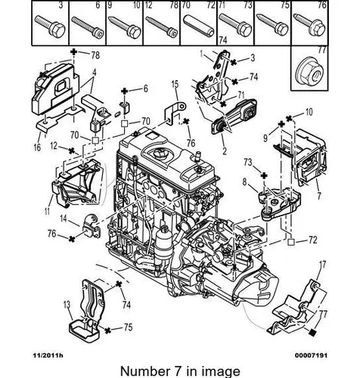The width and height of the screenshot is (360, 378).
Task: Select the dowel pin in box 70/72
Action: (x=199, y=26)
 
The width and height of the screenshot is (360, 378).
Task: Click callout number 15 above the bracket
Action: (x=175, y=83)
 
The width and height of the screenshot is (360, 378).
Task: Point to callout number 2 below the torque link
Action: (x=225, y=150)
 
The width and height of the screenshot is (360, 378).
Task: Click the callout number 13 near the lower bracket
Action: (x=67, y=305)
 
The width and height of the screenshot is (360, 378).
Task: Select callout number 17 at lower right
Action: (x=322, y=265)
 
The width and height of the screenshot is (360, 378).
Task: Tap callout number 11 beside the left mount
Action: (x=47, y=210)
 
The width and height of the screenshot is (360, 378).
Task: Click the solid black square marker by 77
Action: (x=312, y=333)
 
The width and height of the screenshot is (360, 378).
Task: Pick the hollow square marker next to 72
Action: (x=290, y=242)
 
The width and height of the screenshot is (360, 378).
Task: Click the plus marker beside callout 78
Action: (x=73, y=52)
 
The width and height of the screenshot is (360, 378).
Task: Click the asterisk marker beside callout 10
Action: (x=289, y=117)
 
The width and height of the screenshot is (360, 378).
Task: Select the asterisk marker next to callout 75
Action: (x=108, y=330)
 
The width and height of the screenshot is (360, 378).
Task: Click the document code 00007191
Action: (x=312, y=355)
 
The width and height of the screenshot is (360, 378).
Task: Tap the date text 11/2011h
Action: (x=48, y=355)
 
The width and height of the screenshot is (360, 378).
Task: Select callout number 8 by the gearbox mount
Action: (x=244, y=181)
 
